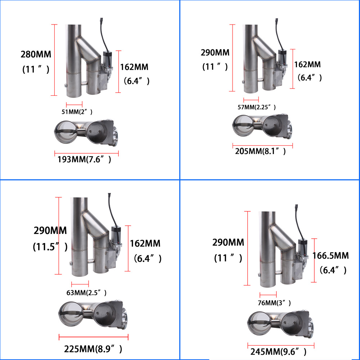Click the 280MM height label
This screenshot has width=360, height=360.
click(36, 55)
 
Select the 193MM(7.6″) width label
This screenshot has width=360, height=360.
click(84, 159)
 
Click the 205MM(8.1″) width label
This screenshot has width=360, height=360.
click(260, 151)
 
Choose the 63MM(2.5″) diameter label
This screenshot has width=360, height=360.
click(86, 292)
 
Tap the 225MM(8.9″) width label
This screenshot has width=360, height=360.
click(93, 348)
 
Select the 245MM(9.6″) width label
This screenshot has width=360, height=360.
click(277, 351)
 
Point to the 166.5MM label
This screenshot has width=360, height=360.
click(331, 256)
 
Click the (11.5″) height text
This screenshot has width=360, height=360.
click(50, 247)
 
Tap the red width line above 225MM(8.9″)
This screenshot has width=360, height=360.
click(93, 337)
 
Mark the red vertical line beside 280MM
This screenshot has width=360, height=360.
click(54, 60)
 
